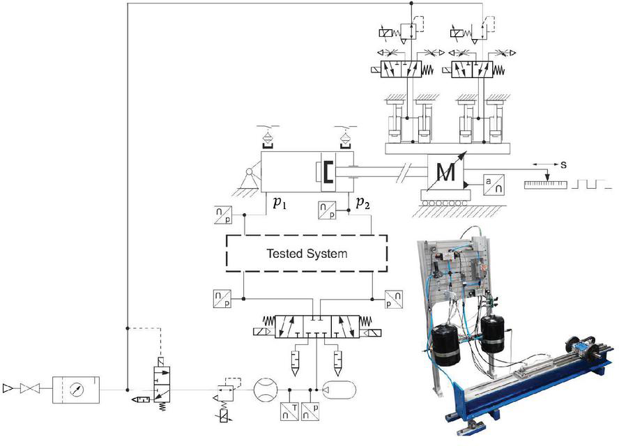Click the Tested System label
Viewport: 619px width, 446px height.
(x=307, y=254)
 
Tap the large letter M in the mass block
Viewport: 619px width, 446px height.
(x=446, y=172)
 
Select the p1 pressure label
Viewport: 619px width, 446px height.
(x=280, y=203)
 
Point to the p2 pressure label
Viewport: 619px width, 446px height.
(x=362, y=203)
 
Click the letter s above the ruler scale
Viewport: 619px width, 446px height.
(x=563, y=164)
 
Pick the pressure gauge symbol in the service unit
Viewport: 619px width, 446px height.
(x=76, y=390)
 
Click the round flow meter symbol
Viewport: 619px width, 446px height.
(x=266, y=390)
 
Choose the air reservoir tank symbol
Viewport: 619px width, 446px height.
(x=339, y=390)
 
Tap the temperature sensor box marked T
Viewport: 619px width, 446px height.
(x=289, y=411)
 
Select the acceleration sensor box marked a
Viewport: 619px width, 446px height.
(x=494, y=185)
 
